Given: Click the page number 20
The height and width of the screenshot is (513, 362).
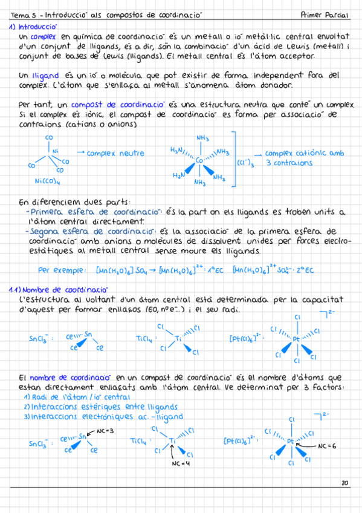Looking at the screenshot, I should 344,483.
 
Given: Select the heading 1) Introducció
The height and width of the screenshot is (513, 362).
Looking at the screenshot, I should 33,27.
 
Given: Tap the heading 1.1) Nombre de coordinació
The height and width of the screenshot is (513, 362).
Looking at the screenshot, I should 58,290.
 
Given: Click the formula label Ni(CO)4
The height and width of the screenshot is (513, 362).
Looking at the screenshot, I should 51,181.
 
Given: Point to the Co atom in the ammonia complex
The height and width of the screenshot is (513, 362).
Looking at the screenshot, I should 200,160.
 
